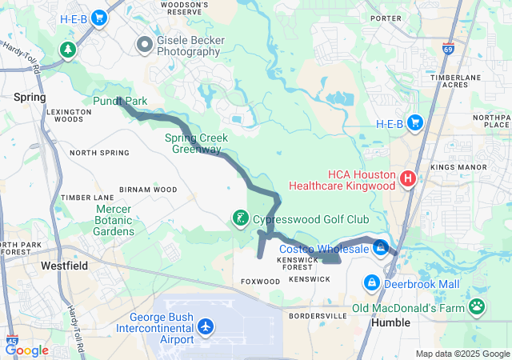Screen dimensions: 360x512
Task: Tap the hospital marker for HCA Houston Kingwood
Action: coord(407,178)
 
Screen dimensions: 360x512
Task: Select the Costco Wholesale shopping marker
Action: coord(381,249)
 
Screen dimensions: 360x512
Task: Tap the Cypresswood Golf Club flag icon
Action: coord(239,218)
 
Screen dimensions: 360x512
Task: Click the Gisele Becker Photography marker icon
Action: coord(145,44)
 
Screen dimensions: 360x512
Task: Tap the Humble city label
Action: coord(391,323)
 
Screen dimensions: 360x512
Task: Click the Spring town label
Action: coord(30,97)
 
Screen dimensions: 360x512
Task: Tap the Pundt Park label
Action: coord(121,102)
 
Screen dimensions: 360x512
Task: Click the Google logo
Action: coord(26,350)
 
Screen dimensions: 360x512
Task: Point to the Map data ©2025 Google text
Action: coord(462,354)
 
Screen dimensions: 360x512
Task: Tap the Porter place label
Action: coord(386,18)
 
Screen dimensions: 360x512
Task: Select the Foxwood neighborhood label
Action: coord(260,282)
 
